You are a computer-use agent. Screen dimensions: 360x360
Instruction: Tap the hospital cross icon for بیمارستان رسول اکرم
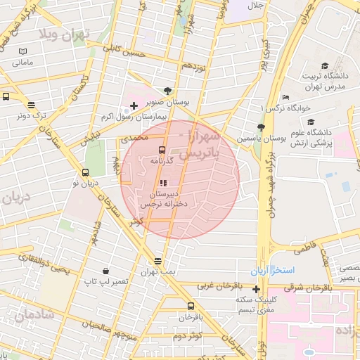134,105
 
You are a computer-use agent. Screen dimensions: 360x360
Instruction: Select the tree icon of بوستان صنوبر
167,90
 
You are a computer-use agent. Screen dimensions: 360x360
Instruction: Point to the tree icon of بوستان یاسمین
261,127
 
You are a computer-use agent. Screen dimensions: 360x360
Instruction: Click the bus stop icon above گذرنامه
162,150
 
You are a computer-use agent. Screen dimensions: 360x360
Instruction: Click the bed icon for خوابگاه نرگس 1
285,98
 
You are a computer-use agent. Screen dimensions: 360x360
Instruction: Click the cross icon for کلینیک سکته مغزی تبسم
256,289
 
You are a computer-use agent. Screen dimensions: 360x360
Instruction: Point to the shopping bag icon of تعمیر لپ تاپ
105,271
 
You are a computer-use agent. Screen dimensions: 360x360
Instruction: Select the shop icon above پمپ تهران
157,261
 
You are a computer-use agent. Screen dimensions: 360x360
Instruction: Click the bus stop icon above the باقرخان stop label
191,307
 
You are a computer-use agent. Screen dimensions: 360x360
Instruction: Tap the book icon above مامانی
23,52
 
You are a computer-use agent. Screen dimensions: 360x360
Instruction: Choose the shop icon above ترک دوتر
32,104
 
